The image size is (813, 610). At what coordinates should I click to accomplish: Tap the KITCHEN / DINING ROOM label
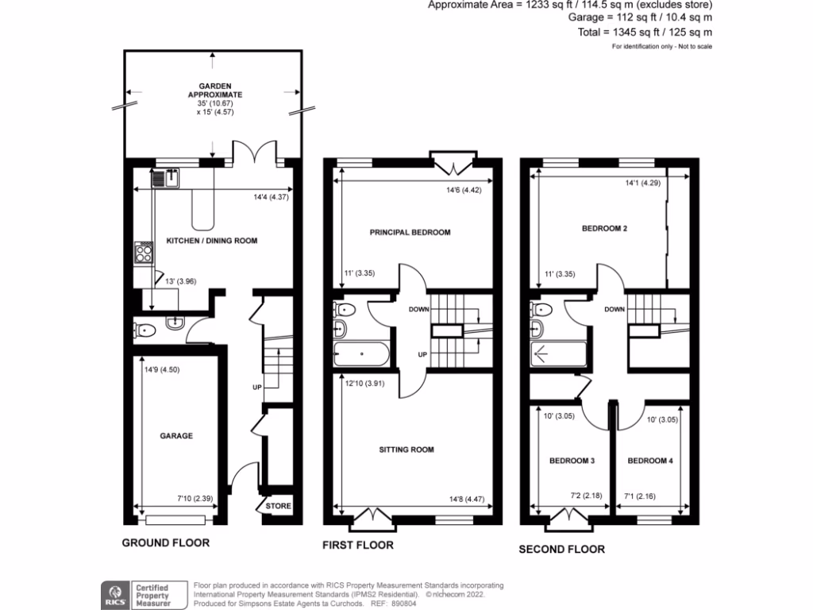[x=211, y=240]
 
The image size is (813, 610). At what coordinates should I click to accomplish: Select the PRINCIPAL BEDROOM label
[x=410, y=233]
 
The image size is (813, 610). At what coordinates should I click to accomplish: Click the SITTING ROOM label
[x=406, y=450]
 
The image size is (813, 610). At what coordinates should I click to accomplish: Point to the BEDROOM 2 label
[x=604, y=229]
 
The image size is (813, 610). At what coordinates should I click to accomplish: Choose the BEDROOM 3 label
[x=572, y=461]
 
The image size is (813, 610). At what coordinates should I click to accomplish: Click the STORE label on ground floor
[x=279, y=506]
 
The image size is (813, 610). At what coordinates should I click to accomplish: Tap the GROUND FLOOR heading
[x=165, y=543]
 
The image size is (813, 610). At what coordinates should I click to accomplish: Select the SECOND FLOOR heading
[x=561, y=549]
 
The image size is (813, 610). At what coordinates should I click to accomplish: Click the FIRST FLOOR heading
[x=357, y=546]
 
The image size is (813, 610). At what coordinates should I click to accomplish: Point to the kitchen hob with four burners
[x=144, y=253]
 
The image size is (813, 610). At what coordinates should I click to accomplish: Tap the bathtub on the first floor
[x=362, y=353]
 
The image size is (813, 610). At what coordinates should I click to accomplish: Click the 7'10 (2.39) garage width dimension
[x=194, y=500]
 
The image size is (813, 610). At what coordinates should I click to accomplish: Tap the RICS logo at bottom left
[x=113, y=593]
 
